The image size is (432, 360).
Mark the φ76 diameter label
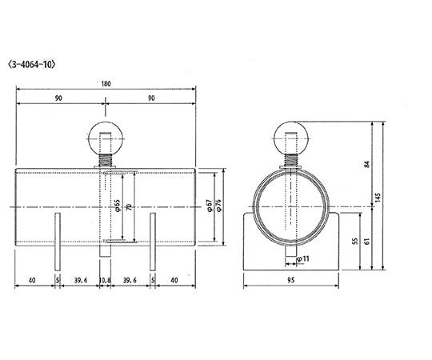click(x=219, y=207)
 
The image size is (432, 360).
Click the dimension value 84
click(x=366, y=164)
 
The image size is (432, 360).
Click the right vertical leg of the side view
click(x=152, y=242)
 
